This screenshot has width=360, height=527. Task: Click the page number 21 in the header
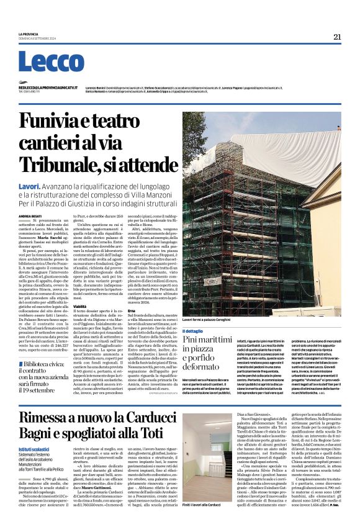click(337, 37)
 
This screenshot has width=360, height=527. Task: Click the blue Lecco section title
click(42, 62)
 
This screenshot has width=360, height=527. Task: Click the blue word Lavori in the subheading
click(29, 186)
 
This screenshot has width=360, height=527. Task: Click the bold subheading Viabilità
click(79, 307)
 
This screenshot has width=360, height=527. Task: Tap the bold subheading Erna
click(131, 310)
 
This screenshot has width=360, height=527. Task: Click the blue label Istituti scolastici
click(35, 448)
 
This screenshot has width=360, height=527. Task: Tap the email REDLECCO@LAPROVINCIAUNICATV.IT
click(48, 88)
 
